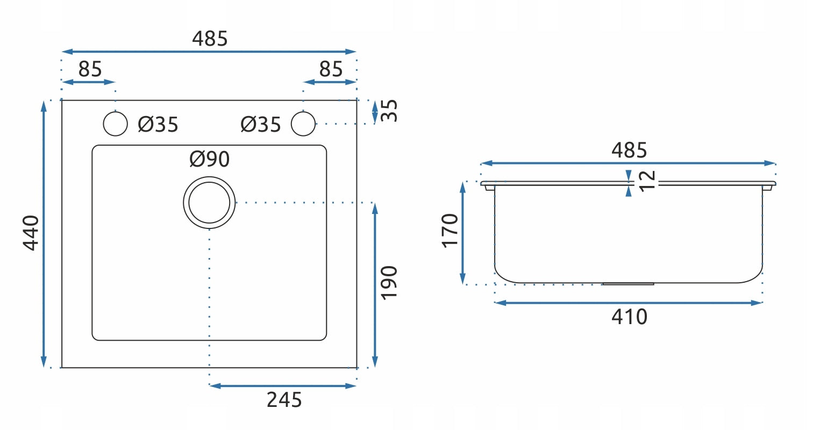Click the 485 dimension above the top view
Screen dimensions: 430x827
point(210,39)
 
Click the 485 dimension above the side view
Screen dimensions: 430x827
point(629,150)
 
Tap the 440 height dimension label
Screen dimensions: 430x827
point(31,233)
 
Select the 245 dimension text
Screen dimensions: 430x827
point(284,400)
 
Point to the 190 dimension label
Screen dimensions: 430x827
point(388,283)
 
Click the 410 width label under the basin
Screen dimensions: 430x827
point(629,317)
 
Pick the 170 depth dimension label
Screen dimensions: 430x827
point(450,231)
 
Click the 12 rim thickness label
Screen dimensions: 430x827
point(647,181)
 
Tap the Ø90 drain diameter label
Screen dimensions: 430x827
point(209,159)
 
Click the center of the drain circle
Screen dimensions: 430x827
point(209,203)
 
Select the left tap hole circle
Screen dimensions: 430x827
point(115,124)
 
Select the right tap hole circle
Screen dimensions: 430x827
point(303,124)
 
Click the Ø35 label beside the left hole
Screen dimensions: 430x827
point(158,125)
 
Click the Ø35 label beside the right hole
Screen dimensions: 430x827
point(261,125)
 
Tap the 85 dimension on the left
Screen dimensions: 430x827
point(90,69)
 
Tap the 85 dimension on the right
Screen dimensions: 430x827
point(331,69)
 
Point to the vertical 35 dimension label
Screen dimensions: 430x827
point(389,111)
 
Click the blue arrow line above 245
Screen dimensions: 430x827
point(283,385)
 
